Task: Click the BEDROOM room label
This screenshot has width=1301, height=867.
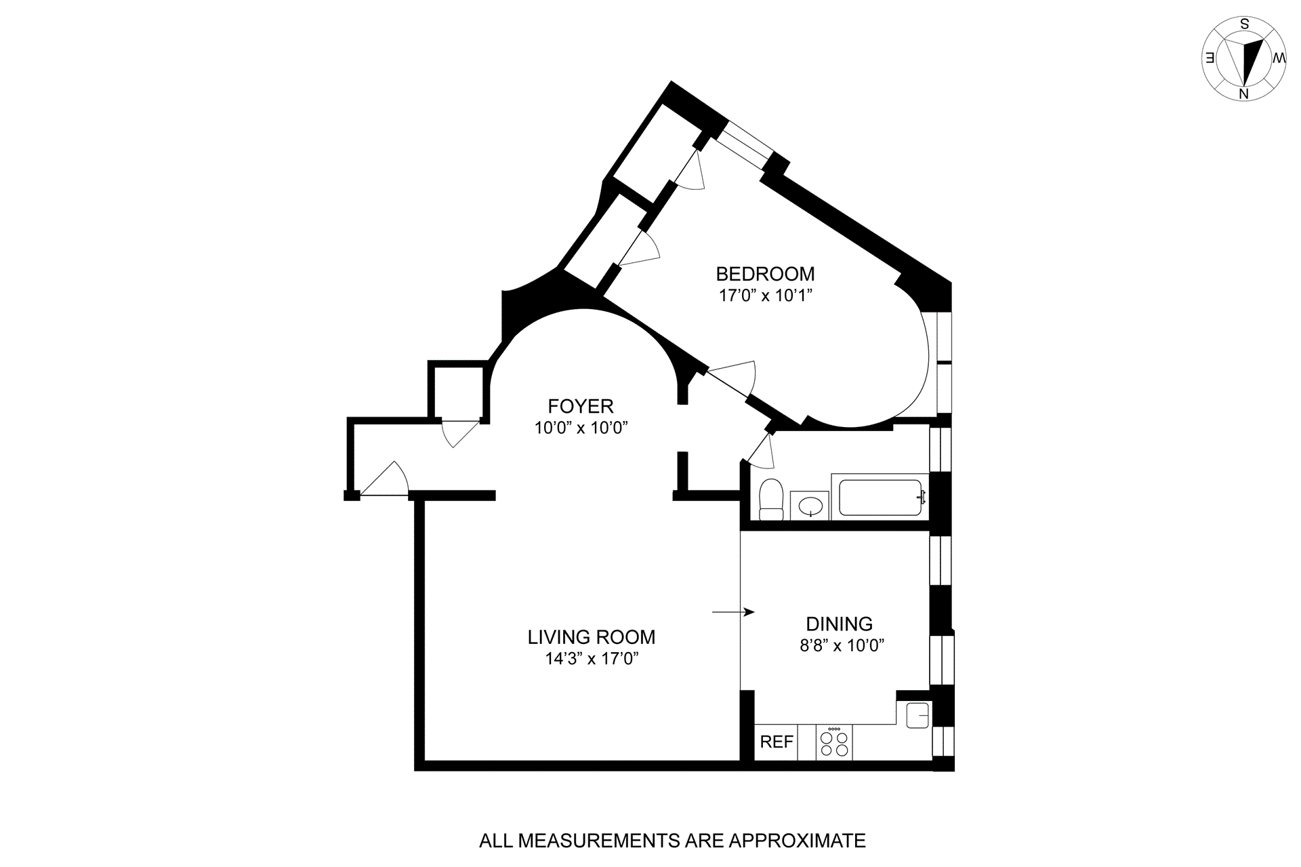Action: click(x=765, y=274)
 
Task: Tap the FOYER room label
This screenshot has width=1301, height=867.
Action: click(x=581, y=406)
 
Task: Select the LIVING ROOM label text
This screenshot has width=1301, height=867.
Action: click(x=591, y=637)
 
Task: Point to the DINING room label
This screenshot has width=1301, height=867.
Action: click(x=839, y=624)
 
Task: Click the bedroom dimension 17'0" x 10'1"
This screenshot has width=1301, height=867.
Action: click(x=765, y=296)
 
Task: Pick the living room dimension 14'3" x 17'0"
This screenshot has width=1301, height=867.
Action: click(x=592, y=658)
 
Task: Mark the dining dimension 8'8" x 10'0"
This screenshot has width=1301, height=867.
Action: click(x=842, y=645)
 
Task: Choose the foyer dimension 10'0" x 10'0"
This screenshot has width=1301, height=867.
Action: click(x=581, y=428)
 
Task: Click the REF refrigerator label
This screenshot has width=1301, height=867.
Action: click(x=776, y=742)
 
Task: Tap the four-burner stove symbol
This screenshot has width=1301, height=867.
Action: click(x=834, y=742)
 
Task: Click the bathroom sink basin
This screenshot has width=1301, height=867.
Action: click(x=810, y=506)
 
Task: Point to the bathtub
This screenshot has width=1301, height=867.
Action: click(x=880, y=498)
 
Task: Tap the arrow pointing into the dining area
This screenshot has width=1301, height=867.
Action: click(x=734, y=612)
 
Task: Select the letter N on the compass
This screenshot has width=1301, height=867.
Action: click(x=1243, y=94)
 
